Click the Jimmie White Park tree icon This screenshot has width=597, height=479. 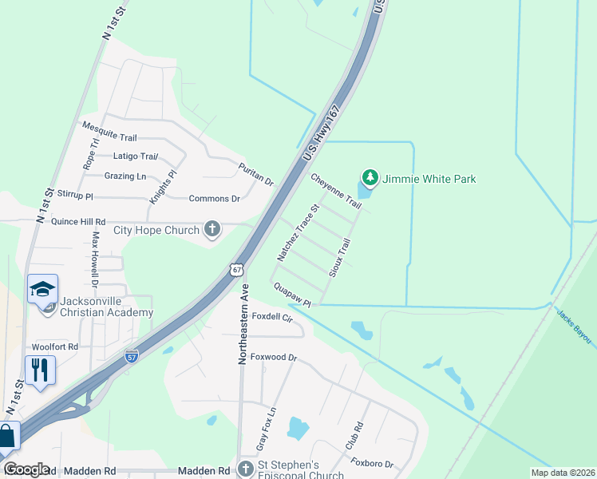369,178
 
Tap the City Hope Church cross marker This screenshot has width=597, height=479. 212,230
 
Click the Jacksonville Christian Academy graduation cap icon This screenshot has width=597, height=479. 43,289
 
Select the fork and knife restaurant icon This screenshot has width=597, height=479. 40,370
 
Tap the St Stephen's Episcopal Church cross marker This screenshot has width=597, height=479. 245,469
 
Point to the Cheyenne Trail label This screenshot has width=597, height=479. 336,192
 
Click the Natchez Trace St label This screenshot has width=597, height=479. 298,233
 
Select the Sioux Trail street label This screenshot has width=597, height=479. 340,257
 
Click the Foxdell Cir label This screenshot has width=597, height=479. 273,316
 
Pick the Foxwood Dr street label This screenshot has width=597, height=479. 274,358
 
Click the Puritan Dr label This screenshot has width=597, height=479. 256,174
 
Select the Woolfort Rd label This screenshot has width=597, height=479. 55,347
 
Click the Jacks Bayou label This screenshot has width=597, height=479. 574,327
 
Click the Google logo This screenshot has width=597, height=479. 26,469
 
